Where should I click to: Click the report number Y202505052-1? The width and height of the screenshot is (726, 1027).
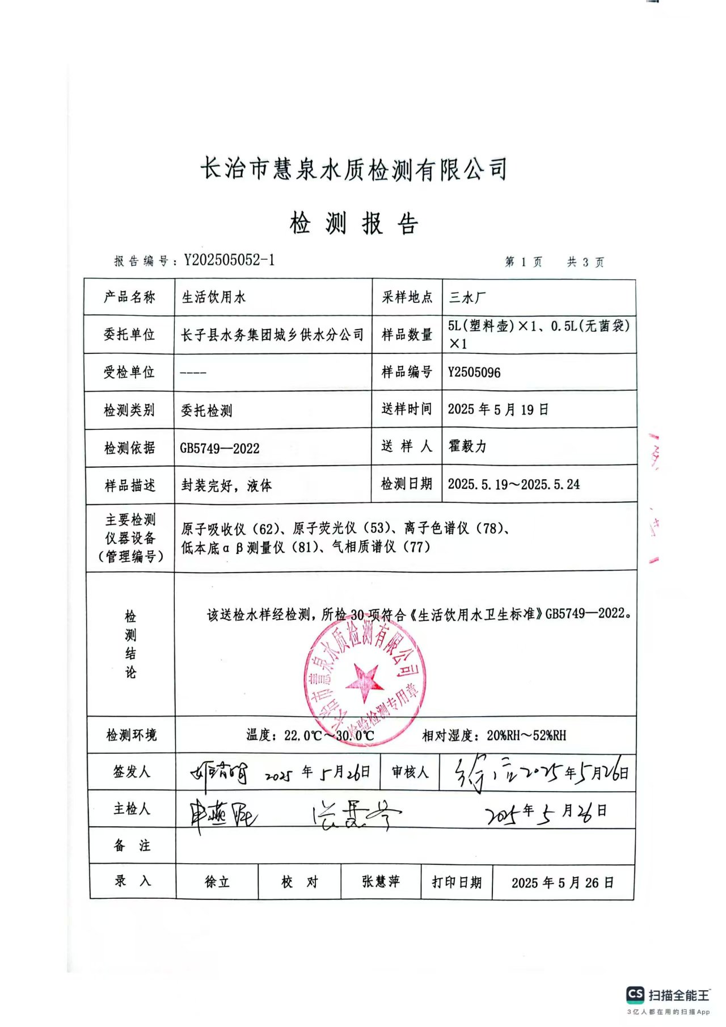(x=229, y=260)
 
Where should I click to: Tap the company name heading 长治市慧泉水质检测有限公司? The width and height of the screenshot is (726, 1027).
(x=353, y=169)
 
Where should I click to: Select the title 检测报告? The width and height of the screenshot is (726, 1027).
(x=354, y=223)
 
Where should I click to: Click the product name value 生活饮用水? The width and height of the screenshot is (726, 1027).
(x=213, y=297)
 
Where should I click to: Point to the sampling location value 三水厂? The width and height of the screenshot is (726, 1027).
(x=467, y=297)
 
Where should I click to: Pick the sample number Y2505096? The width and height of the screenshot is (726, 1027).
(x=474, y=373)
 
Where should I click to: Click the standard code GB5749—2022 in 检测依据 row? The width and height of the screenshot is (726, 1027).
(x=220, y=449)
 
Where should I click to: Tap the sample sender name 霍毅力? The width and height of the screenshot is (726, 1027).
(x=467, y=446)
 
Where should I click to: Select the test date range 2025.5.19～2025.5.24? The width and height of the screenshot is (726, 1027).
(x=513, y=484)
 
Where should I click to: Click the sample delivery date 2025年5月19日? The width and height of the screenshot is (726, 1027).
(x=498, y=409)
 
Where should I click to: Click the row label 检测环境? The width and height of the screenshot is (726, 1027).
(x=131, y=735)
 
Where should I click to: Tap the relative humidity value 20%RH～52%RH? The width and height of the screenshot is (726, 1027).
(x=526, y=736)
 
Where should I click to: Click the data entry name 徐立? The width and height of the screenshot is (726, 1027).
(x=217, y=882)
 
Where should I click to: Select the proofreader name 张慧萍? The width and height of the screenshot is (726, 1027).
(x=381, y=881)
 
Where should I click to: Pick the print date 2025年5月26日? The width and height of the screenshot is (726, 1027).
(x=562, y=882)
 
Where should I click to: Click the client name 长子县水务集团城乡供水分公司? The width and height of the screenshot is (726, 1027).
(x=272, y=335)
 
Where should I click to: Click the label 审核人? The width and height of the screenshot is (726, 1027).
(x=410, y=772)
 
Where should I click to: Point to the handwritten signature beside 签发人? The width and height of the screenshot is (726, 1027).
(x=219, y=772)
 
